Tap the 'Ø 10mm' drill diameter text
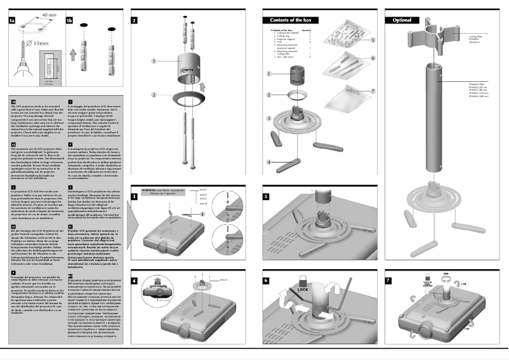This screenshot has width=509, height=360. click(36, 43)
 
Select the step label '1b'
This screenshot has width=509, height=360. click(69, 20)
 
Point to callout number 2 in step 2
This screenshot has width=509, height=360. click(154, 95)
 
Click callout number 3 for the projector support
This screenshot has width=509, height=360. click(269, 118)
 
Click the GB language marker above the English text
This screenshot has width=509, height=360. click(14, 100)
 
